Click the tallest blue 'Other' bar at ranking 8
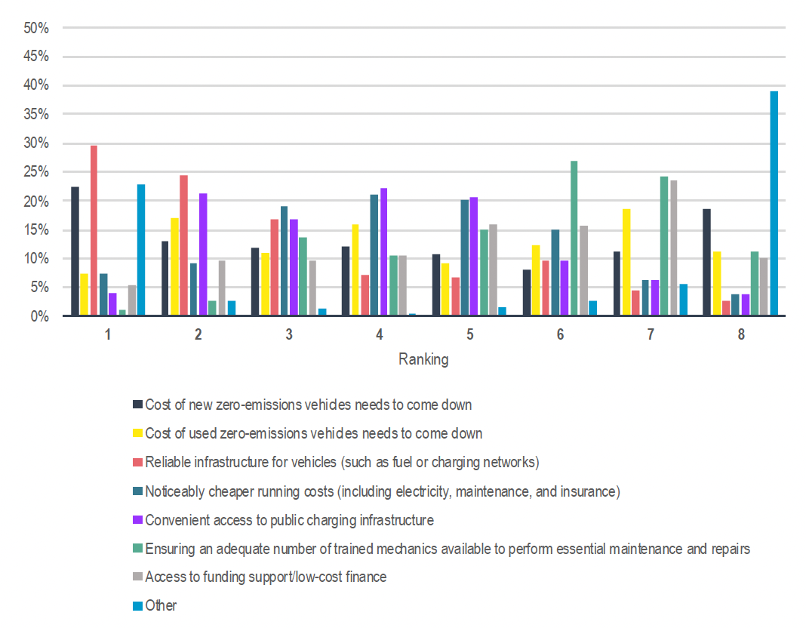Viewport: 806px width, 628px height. (x=774, y=204)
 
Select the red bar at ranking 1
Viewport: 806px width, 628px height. (x=94, y=231)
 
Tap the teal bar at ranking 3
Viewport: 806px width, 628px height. (x=284, y=261)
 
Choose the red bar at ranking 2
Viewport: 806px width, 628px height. (x=183, y=246)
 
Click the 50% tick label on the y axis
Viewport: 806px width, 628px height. (x=36, y=28)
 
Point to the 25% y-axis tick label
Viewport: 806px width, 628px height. (x=36, y=172)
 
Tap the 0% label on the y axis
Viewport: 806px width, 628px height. (x=39, y=316)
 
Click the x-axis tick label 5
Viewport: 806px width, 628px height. (x=469, y=334)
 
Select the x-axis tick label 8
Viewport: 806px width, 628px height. (x=741, y=334)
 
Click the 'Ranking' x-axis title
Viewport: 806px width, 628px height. (x=423, y=359)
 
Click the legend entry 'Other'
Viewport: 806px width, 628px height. (x=161, y=605)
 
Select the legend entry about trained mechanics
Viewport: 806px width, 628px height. (x=447, y=549)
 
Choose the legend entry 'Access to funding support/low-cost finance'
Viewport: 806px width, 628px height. (x=266, y=577)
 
